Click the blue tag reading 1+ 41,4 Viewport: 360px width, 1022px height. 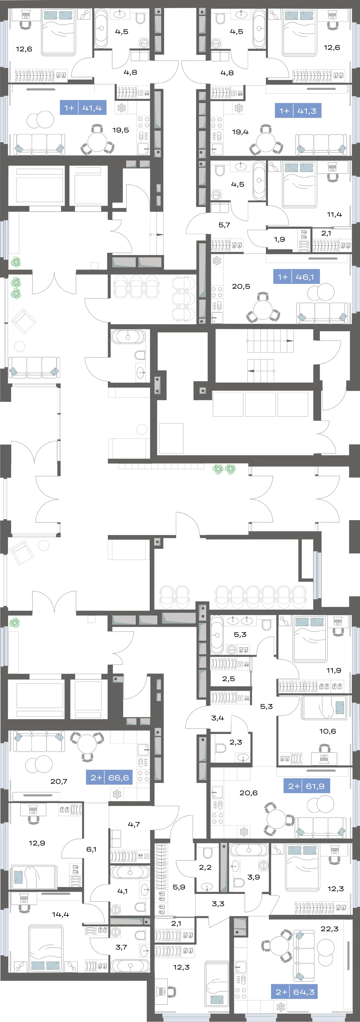click(83, 107)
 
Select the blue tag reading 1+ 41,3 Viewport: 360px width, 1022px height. click(298, 111)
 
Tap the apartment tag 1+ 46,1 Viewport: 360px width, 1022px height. click(296, 277)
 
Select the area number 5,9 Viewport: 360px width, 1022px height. click(179, 887)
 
